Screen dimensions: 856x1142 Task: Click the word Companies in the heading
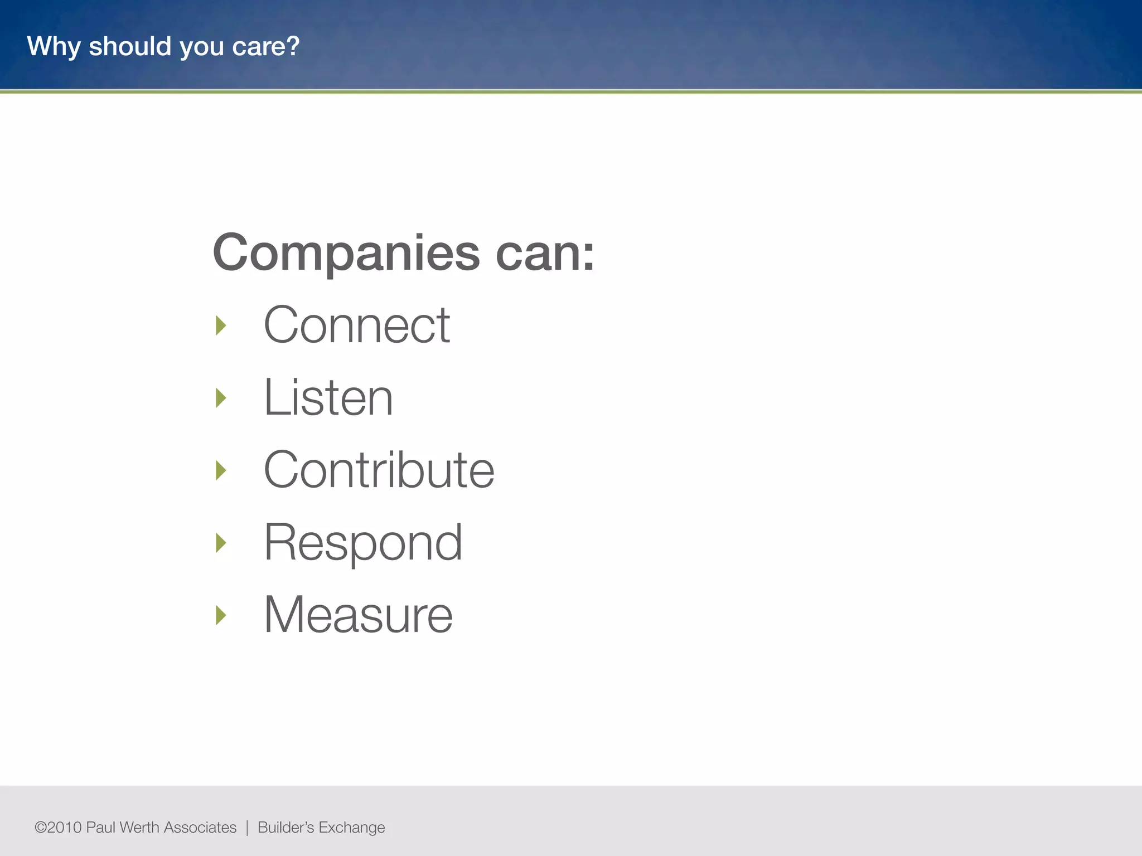click(x=346, y=254)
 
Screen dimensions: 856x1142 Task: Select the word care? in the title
click(x=266, y=47)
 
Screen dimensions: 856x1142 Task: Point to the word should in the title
click(x=130, y=46)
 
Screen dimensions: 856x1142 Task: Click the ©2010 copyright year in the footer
click(x=58, y=828)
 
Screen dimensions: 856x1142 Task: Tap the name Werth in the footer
click(x=139, y=828)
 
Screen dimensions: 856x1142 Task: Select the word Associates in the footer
click(x=200, y=828)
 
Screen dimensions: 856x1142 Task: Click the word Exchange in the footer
click(x=351, y=828)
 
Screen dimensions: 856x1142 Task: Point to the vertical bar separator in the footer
click(x=247, y=828)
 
